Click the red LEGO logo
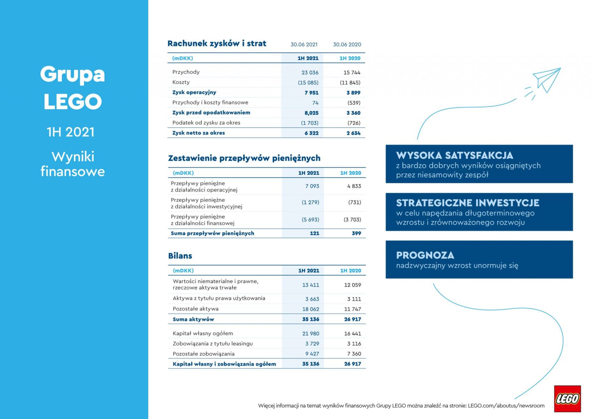pos(567,398)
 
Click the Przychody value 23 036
pos(310,72)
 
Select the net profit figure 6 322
pos(311,133)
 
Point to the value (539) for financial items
pos(354,103)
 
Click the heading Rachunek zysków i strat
pos(217,44)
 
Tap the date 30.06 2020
pos(347,44)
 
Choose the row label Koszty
pos(181,82)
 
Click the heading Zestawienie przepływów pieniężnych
pos(244,158)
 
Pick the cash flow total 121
pos(314,233)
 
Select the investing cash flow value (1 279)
pos(310,203)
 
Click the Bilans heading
pos(180,256)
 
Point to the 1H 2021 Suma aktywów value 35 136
pos(310,319)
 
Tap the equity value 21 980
pos(310,333)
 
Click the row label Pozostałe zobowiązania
pos(204,354)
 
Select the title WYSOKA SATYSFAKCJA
pos(454,155)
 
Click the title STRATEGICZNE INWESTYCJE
pos(468,203)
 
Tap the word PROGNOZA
pos(425,255)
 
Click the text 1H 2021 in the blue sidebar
pos(71,132)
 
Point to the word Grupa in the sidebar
pos(72,74)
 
